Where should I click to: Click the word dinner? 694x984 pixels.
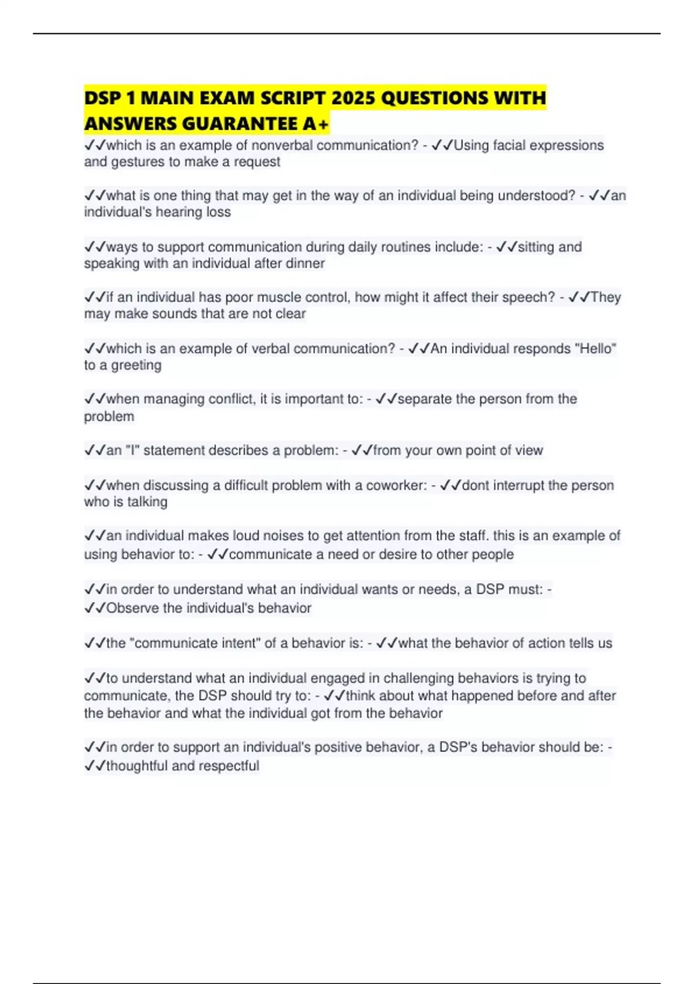click(305, 263)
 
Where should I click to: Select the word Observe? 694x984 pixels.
click(132, 608)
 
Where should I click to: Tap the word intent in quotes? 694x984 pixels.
click(243, 643)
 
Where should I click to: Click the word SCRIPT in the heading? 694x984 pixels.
click(293, 98)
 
